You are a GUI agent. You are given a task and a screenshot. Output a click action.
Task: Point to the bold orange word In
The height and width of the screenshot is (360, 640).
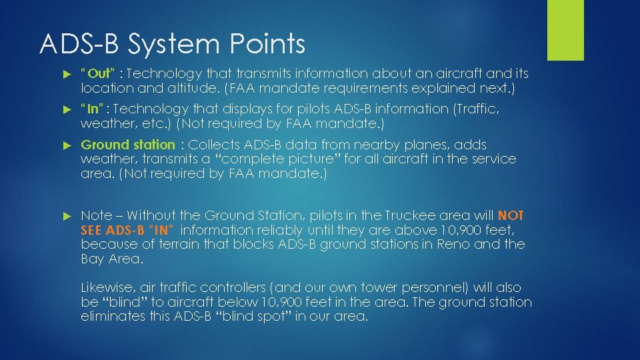(x=93, y=109)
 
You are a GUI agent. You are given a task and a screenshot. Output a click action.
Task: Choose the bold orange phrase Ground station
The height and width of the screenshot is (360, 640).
(x=127, y=145)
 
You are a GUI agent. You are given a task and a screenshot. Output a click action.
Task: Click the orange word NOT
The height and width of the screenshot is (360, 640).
(x=511, y=215)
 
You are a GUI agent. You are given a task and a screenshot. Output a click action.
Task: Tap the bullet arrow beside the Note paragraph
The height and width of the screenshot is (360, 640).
(x=66, y=216)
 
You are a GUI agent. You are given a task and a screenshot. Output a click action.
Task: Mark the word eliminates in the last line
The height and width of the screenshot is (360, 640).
(x=114, y=316)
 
